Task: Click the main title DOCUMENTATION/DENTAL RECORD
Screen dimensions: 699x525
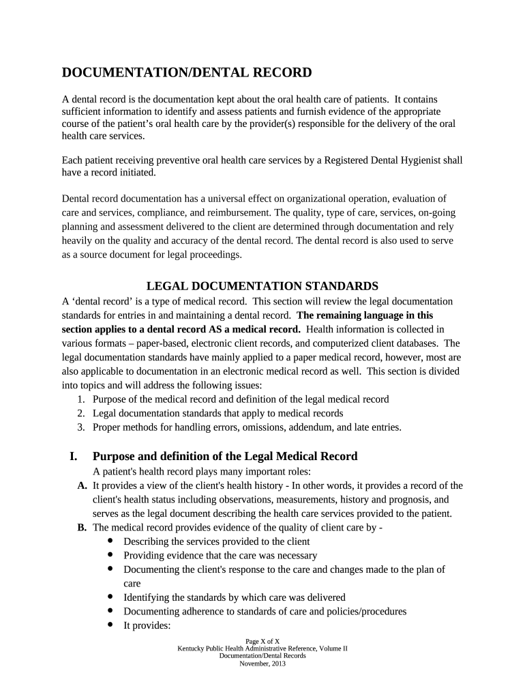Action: [x=187, y=72]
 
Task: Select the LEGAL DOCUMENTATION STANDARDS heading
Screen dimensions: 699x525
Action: [x=262, y=286]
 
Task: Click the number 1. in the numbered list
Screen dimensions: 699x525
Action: [x=80, y=399]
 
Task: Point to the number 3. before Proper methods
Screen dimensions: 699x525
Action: [x=80, y=428]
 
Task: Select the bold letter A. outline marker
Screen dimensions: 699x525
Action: [x=82, y=486]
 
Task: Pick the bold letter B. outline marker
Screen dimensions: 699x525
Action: [x=82, y=528]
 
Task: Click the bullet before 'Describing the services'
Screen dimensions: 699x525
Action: [x=111, y=541]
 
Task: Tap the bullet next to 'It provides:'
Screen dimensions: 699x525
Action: [x=111, y=625]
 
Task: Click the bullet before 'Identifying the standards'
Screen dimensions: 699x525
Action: [x=111, y=597]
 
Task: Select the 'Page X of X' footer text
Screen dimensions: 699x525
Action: [x=262, y=642]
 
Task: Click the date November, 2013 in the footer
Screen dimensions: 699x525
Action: [x=262, y=663]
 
